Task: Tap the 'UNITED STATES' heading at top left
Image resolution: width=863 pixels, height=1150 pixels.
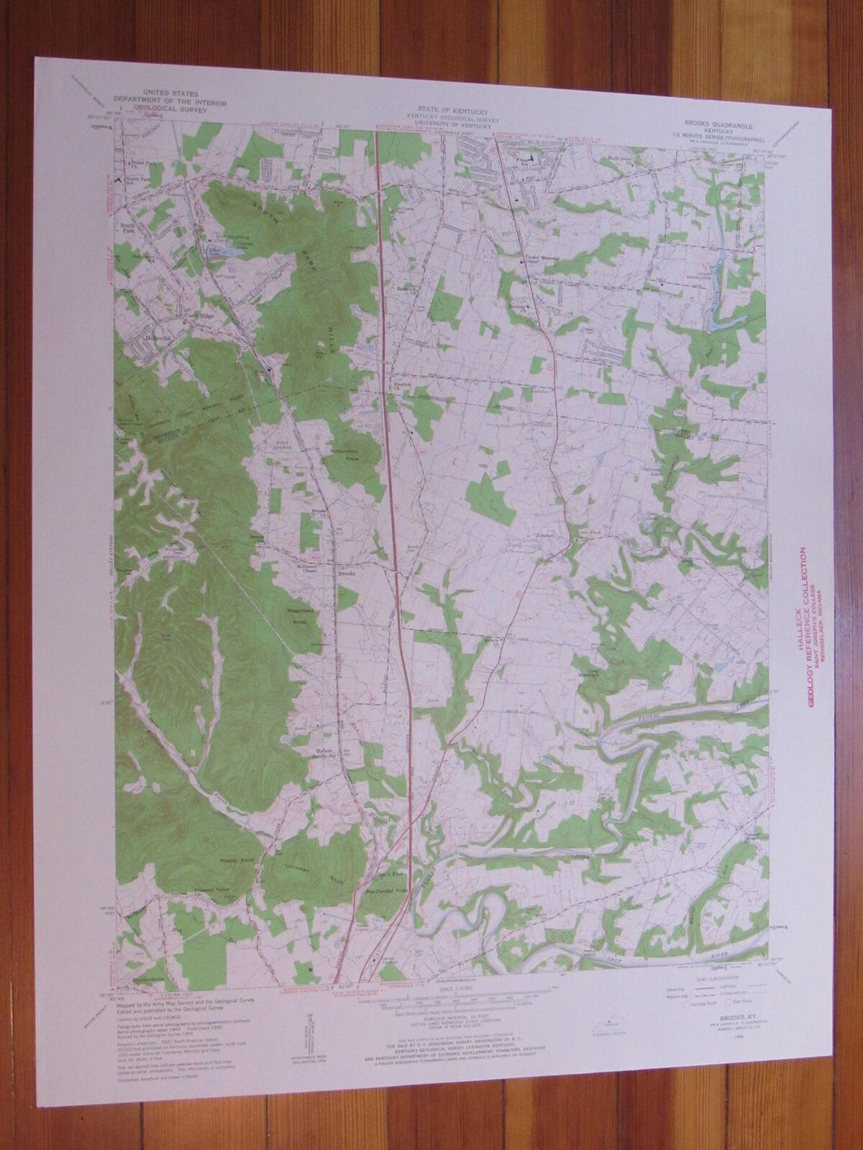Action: pyautogui.click(x=170, y=93)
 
